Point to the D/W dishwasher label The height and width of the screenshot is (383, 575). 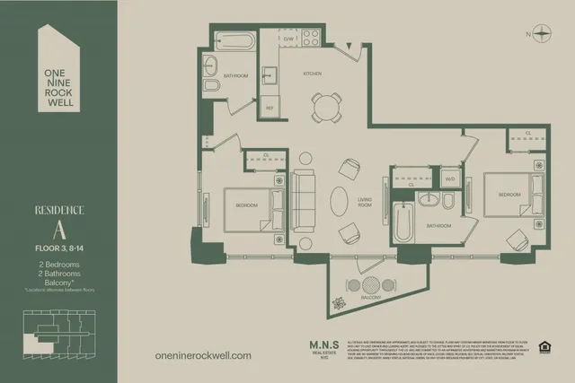(288, 39)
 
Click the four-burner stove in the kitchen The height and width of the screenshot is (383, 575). (311, 38)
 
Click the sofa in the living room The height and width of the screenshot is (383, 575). (303, 199)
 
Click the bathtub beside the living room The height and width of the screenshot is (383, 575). (402, 222)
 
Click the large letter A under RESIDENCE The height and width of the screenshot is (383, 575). (58, 231)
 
